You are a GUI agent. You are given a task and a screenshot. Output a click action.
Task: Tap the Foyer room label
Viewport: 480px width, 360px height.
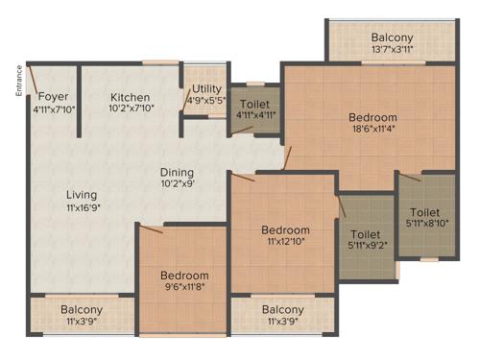pos(54,95)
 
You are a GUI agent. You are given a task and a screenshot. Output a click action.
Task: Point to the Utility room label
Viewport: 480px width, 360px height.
pos(204,85)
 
